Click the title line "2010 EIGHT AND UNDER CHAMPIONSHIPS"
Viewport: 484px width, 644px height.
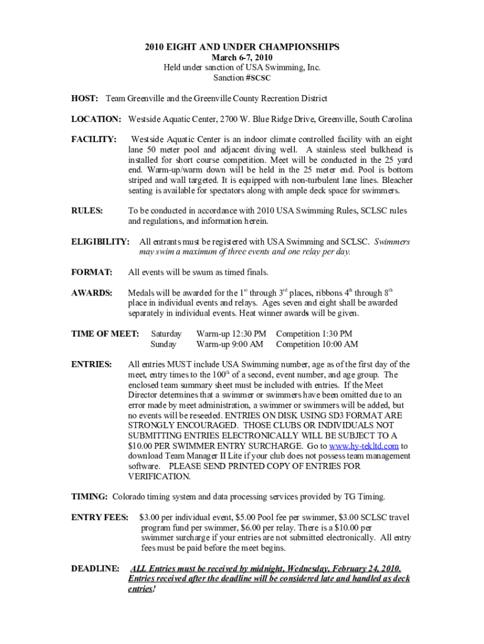click(242, 47)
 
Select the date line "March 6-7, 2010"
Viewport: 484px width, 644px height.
click(242, 57)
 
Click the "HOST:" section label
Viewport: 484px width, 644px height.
click(84, 99)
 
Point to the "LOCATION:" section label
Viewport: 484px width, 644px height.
click(96, 119)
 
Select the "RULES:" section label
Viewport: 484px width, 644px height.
click(87, 211)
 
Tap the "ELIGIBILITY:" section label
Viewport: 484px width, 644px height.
click(101, 241)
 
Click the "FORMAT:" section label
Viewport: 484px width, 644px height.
click(92, 272)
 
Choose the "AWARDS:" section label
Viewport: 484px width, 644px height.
click(92, 292)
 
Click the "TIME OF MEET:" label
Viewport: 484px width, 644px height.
click(105, 333)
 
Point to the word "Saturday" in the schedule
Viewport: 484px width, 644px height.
click(166, 333)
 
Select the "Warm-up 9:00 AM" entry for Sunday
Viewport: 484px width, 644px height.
click(230, 344)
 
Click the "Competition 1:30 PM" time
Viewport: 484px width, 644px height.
click(314, 333)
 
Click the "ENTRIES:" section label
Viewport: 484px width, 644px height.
click(92, 364)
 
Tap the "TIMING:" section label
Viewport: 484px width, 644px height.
click(89, 497)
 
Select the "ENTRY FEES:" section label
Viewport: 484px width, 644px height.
click(100, 517)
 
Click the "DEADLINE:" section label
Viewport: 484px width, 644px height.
click(95, 569)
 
